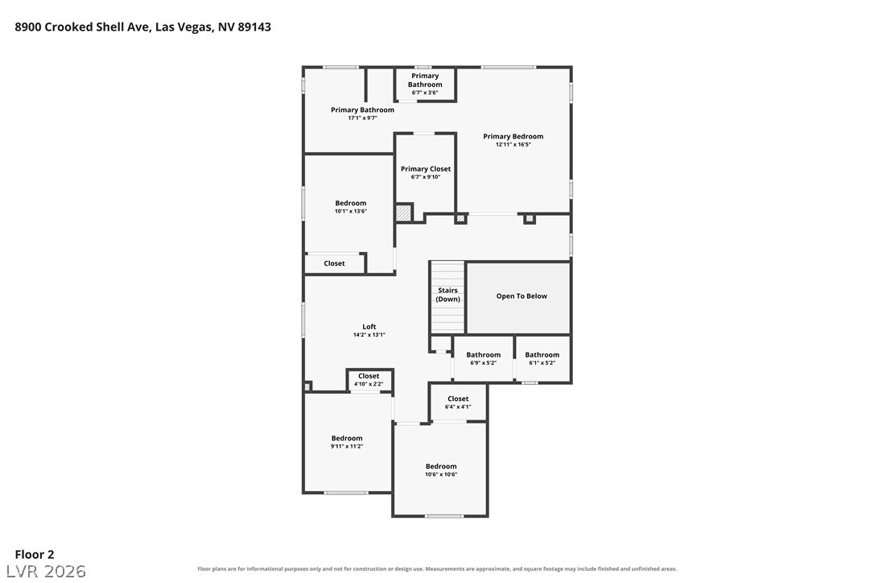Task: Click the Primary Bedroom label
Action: click(513, 136)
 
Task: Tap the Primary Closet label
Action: click(426, 169)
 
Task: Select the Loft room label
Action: click(369, 327)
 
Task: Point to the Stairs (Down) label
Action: click(447, 295)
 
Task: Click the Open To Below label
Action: click(522, 296)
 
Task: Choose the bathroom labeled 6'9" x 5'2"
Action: click(483, 358)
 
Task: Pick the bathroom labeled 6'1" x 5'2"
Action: click(542, 358)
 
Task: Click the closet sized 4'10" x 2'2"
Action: click(369, 379)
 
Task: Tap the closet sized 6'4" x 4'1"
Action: click(458, 403)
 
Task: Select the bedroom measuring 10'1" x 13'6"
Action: click(351, 206)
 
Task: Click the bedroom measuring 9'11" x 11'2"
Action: click(347, 442)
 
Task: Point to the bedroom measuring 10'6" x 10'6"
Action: click(441, 469)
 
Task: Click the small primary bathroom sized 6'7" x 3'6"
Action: click(425, 84)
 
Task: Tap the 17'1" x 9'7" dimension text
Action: click(362, 118)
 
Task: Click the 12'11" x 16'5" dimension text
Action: click(513, 144)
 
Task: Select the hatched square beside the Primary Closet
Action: click(403, 213)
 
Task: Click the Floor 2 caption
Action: click(35, 554)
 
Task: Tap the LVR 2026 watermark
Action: click(46, 571)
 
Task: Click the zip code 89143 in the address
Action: click(254, 27)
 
